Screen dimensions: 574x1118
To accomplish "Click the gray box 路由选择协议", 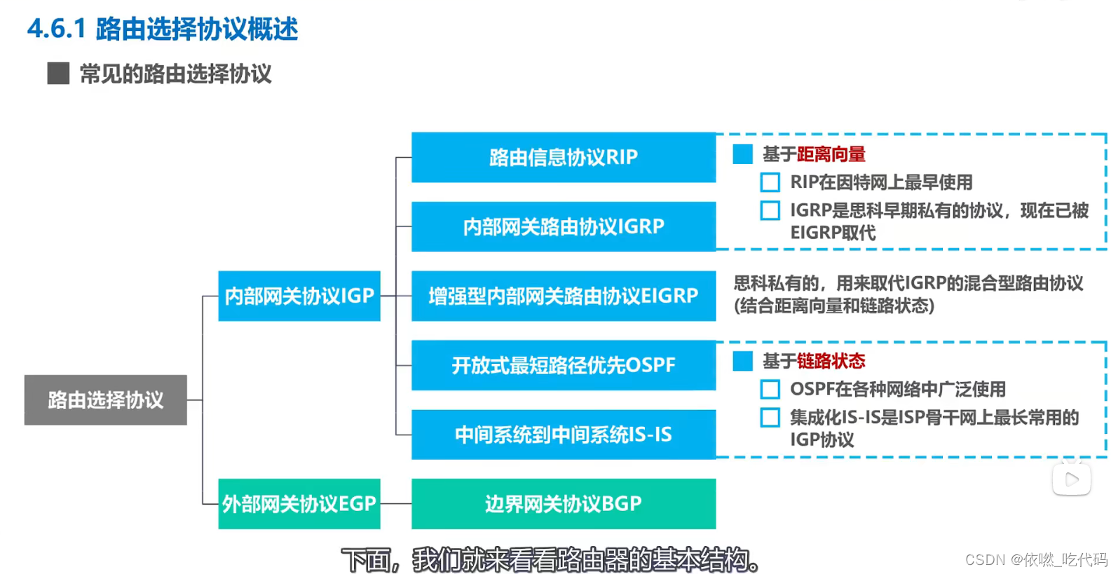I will (x=106, y=399).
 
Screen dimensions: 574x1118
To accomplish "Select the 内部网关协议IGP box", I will (x=299, y=296).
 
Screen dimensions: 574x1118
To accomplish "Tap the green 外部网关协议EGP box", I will (x=299, y=503).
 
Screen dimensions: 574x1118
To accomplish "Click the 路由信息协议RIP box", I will (x=564, y=157).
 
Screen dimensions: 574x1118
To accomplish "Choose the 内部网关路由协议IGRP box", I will (x=564, y=226).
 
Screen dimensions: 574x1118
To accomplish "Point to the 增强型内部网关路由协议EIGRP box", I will (x=564, y=296).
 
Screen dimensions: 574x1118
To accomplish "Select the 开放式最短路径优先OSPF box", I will (x=564, y=365).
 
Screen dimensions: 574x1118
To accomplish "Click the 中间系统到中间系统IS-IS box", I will (x=564, y=435).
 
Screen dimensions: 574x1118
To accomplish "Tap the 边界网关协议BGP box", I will (x=564, y=503).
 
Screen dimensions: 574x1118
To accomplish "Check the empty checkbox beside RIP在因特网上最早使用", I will (x=770, y=183).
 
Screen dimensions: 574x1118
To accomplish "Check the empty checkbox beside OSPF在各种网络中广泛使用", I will (x=770, y=390).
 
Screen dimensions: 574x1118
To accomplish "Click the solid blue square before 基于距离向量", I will (x=742, y=154).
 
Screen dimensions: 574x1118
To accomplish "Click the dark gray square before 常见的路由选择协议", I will (x=58, y=74).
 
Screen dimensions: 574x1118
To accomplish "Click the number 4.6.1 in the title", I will (x=56, y=29).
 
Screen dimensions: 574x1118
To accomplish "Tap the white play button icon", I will (x=1071, y=479).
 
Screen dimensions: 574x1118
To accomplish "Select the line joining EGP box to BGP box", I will (x=396, y=503).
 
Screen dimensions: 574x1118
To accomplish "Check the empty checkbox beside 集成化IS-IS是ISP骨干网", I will (x=770, y=418).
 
